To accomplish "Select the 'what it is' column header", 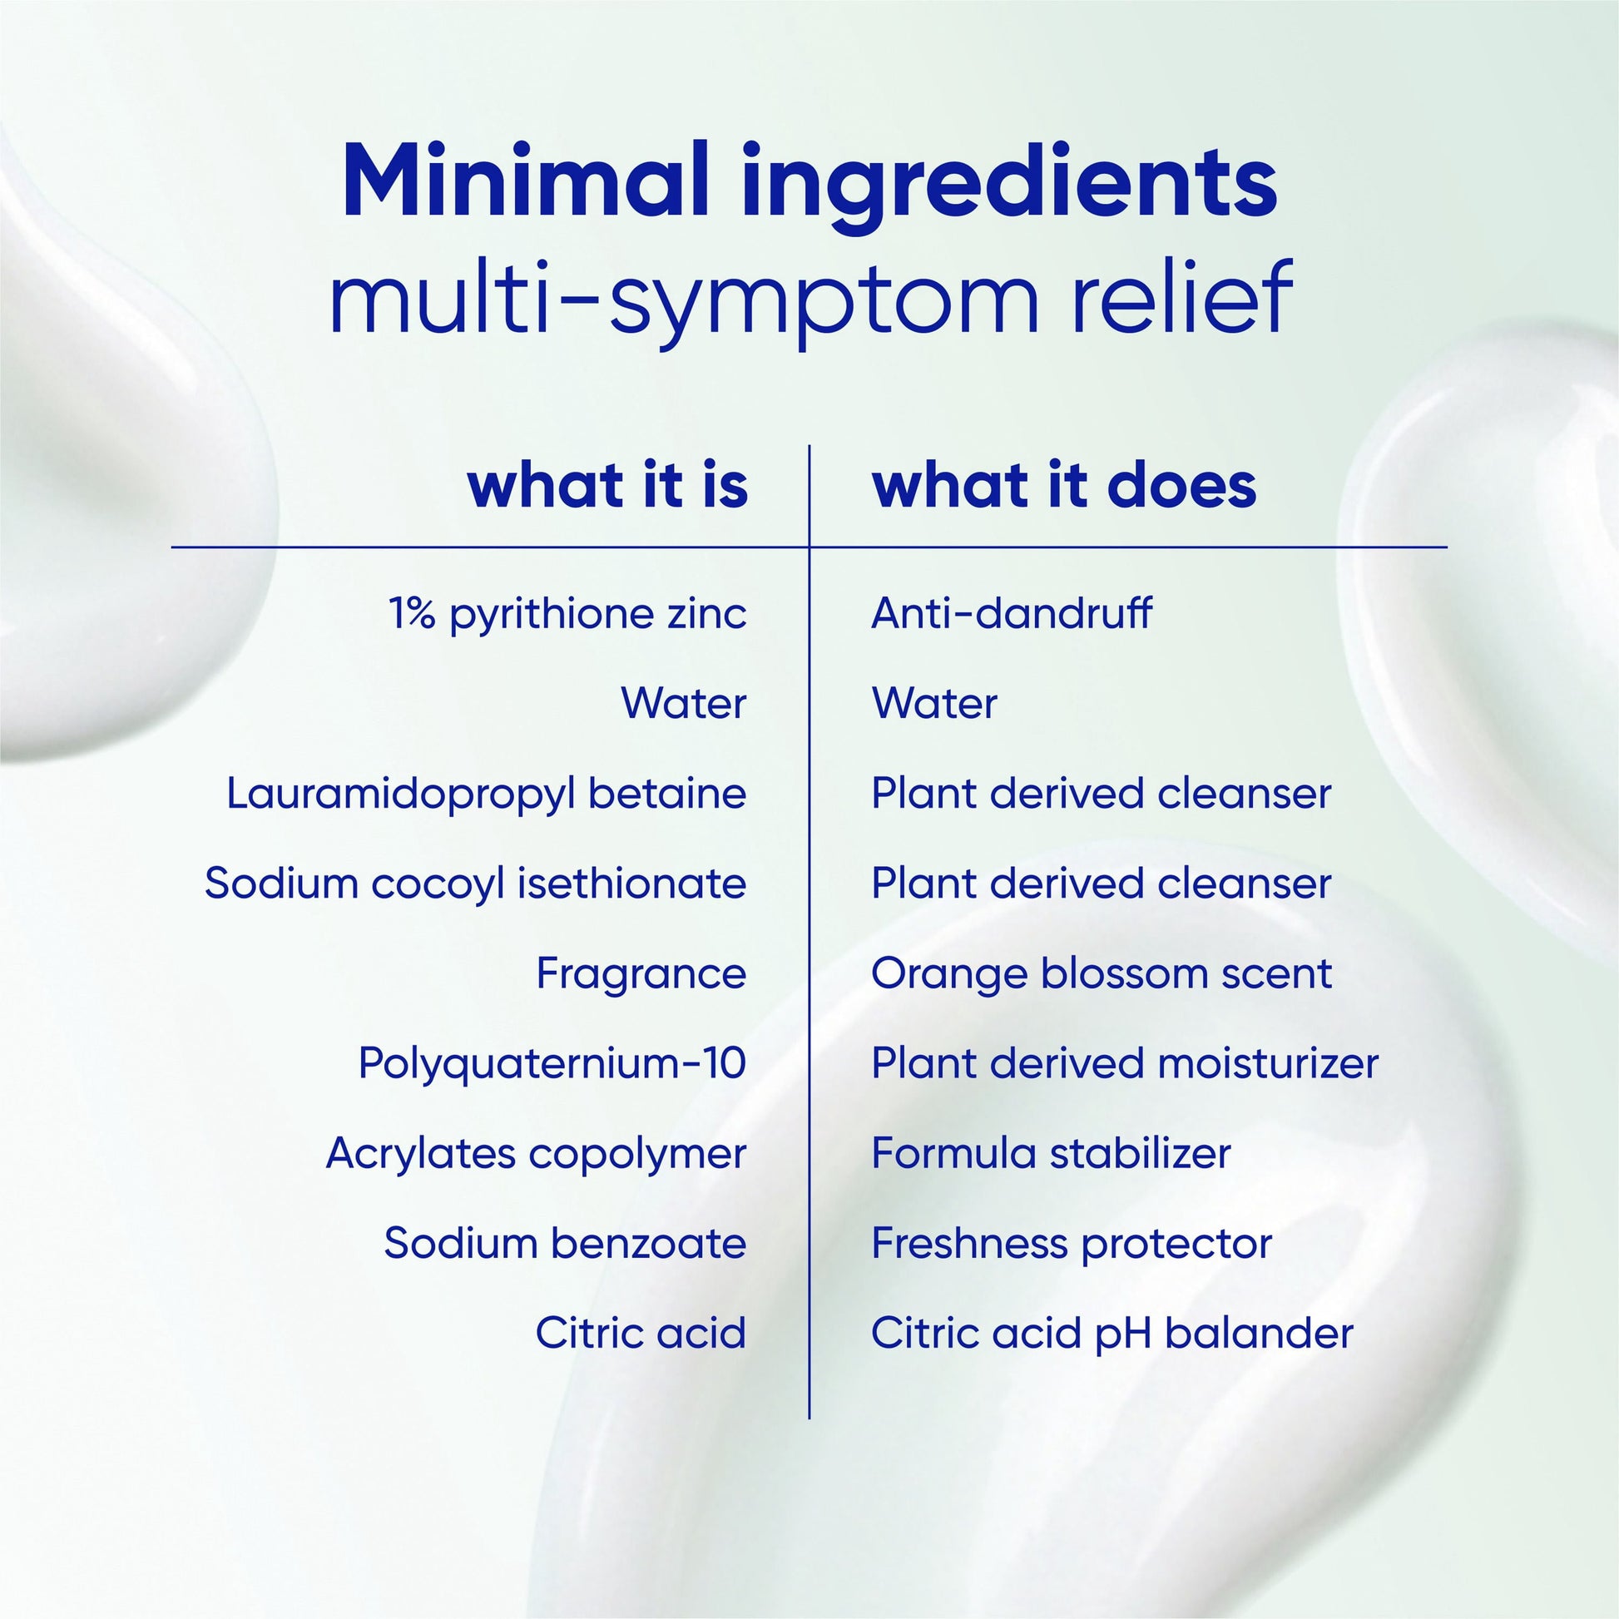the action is point(607,485).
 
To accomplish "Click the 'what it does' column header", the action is point(1064,485).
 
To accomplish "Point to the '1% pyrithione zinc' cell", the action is point(567,614).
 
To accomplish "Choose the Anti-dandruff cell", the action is point(1012,612).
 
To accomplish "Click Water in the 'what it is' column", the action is point(684,703).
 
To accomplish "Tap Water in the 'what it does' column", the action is point(934,703).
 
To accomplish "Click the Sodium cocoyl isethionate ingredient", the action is point(475,884).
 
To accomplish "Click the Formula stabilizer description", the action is point(1051,1154).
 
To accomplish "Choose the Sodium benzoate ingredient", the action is point(565,1244).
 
